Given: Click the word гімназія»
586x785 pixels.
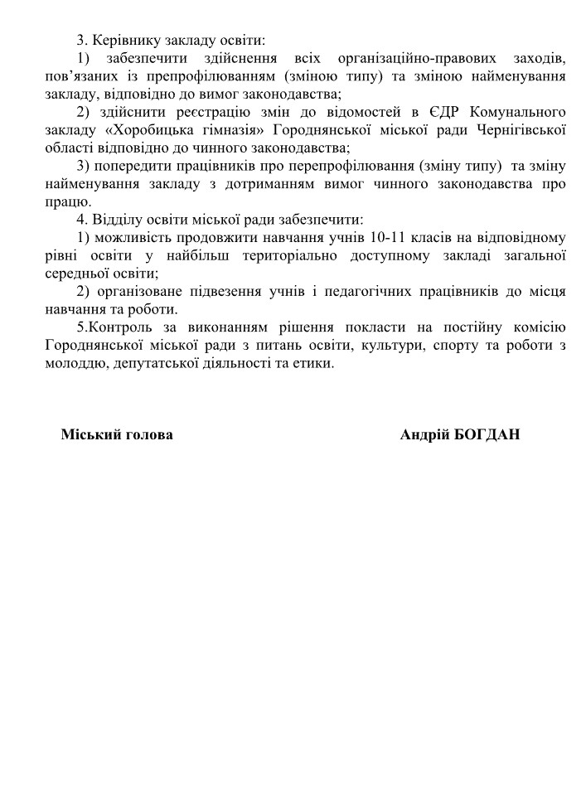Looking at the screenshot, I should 224,129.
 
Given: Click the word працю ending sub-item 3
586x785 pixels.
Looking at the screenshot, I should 68,201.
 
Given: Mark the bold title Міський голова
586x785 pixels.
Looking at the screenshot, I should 117,434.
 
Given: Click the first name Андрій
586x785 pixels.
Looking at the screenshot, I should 425,434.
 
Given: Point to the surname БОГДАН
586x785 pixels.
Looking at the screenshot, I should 487,434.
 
